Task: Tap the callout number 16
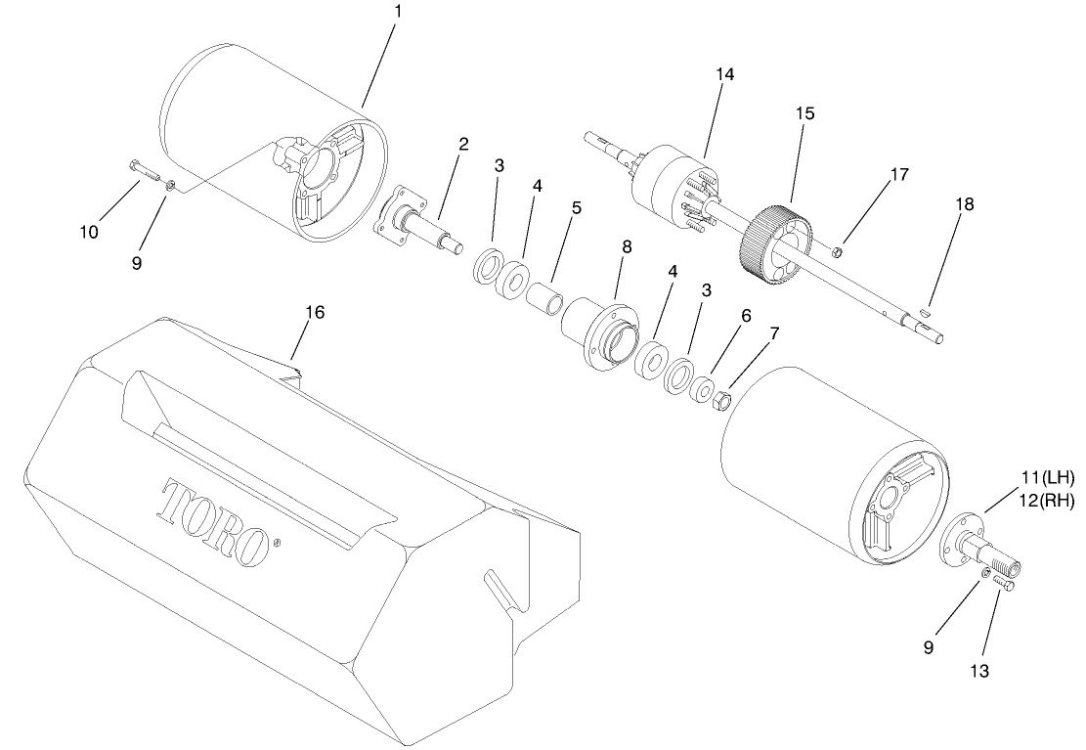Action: (314, 312)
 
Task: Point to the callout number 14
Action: (724, 74)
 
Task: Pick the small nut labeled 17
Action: (837, 253)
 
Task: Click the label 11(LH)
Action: (1047, 478)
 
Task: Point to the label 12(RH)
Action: (1047, 501)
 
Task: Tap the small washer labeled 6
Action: (701, 389)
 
